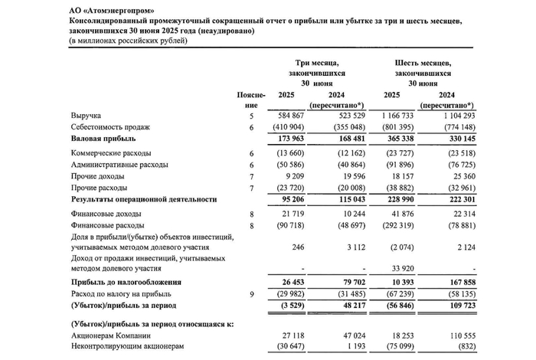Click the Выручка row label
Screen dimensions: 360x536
pyautogui.click(x=87, y=115)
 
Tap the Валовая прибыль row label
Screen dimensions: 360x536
pyautogui.click(x=103, y=139)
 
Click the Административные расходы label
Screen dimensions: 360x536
pyautogui.click(x=121, y=165)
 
